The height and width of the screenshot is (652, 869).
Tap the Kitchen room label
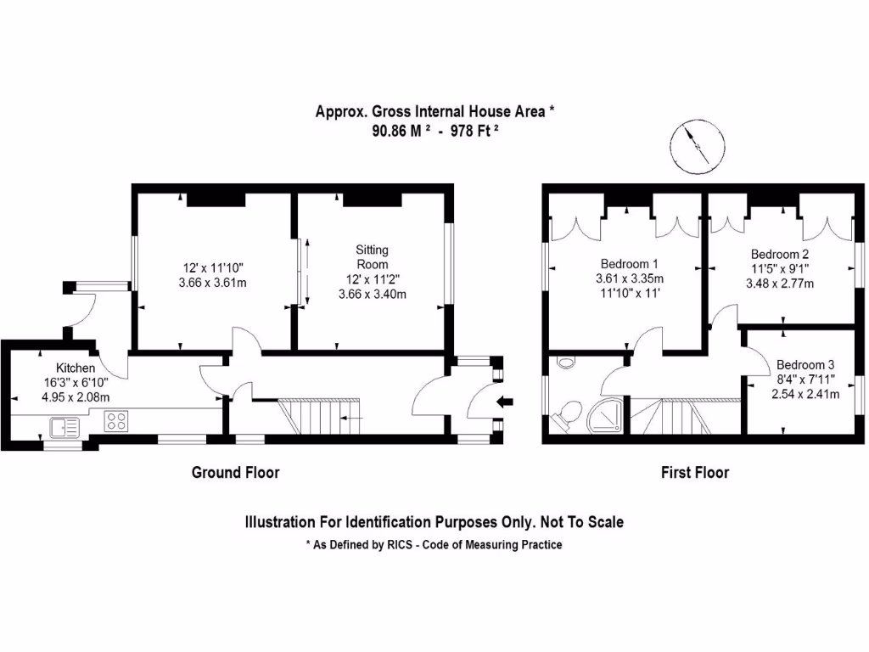(x=76, y=368)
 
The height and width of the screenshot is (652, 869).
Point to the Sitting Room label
(x=372, y=256)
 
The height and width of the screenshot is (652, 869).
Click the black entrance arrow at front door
(x=503, y=402)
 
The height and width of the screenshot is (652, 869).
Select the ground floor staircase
(x=321, y=417)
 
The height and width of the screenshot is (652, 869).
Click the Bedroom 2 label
(x=779, y=254)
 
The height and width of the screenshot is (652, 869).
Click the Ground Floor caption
(x=235, y=472)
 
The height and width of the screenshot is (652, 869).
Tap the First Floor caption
(x=694, y=472)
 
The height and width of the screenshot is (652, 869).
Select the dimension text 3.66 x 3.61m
(x=212, y=282)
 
